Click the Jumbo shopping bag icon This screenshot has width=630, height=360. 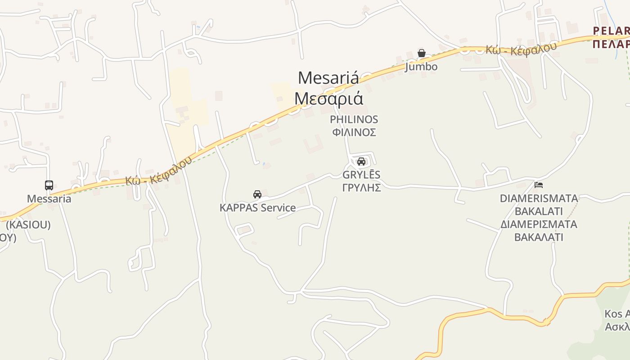coord(422,53)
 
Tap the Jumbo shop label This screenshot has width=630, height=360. coord(421,67)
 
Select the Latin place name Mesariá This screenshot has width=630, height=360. coord(328,78)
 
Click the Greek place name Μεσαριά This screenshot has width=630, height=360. coord(328,99)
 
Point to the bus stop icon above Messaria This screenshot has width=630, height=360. coord(49,185)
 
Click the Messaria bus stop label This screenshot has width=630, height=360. coord(49,199)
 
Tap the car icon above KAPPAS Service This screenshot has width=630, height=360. coord(257,194)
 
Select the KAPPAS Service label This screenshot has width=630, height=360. coord(257,208)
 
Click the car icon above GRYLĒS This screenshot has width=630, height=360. coord(361,162)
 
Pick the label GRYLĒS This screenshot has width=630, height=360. coord(361,175)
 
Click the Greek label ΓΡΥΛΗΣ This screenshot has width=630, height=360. coord(361,188)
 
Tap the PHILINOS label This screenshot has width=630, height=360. coord(354,120)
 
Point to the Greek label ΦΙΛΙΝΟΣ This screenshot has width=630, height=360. coord(354,133)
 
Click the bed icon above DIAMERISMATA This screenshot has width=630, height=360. coord(538,184)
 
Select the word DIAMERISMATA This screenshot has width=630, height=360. coord(539,198)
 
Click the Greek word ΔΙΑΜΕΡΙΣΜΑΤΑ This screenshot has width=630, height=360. coord(539,224)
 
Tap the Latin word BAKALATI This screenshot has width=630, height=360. coord(539,211)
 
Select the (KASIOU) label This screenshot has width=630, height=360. coord(28,225)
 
